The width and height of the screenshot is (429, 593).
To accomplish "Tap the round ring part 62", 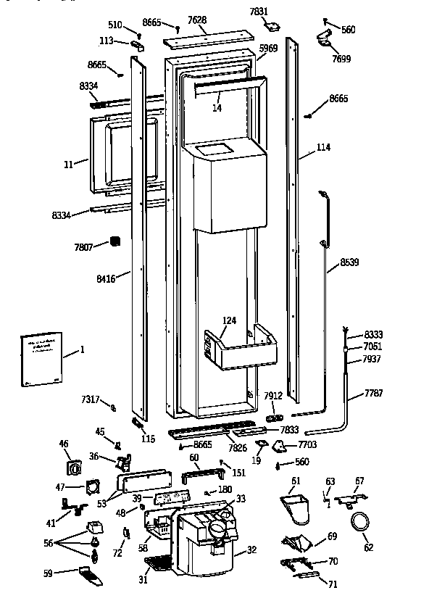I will (x=359, y=523).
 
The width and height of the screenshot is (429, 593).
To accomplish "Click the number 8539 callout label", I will (x=349, y=262).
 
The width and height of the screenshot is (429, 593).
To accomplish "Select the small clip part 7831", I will (x=272, y=26).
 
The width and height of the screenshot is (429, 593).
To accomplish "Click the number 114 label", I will (x=323, y=148).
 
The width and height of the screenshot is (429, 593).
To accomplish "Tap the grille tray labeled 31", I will (x=157, y=564).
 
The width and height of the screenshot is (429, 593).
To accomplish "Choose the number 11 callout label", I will (x=69, y=165).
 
